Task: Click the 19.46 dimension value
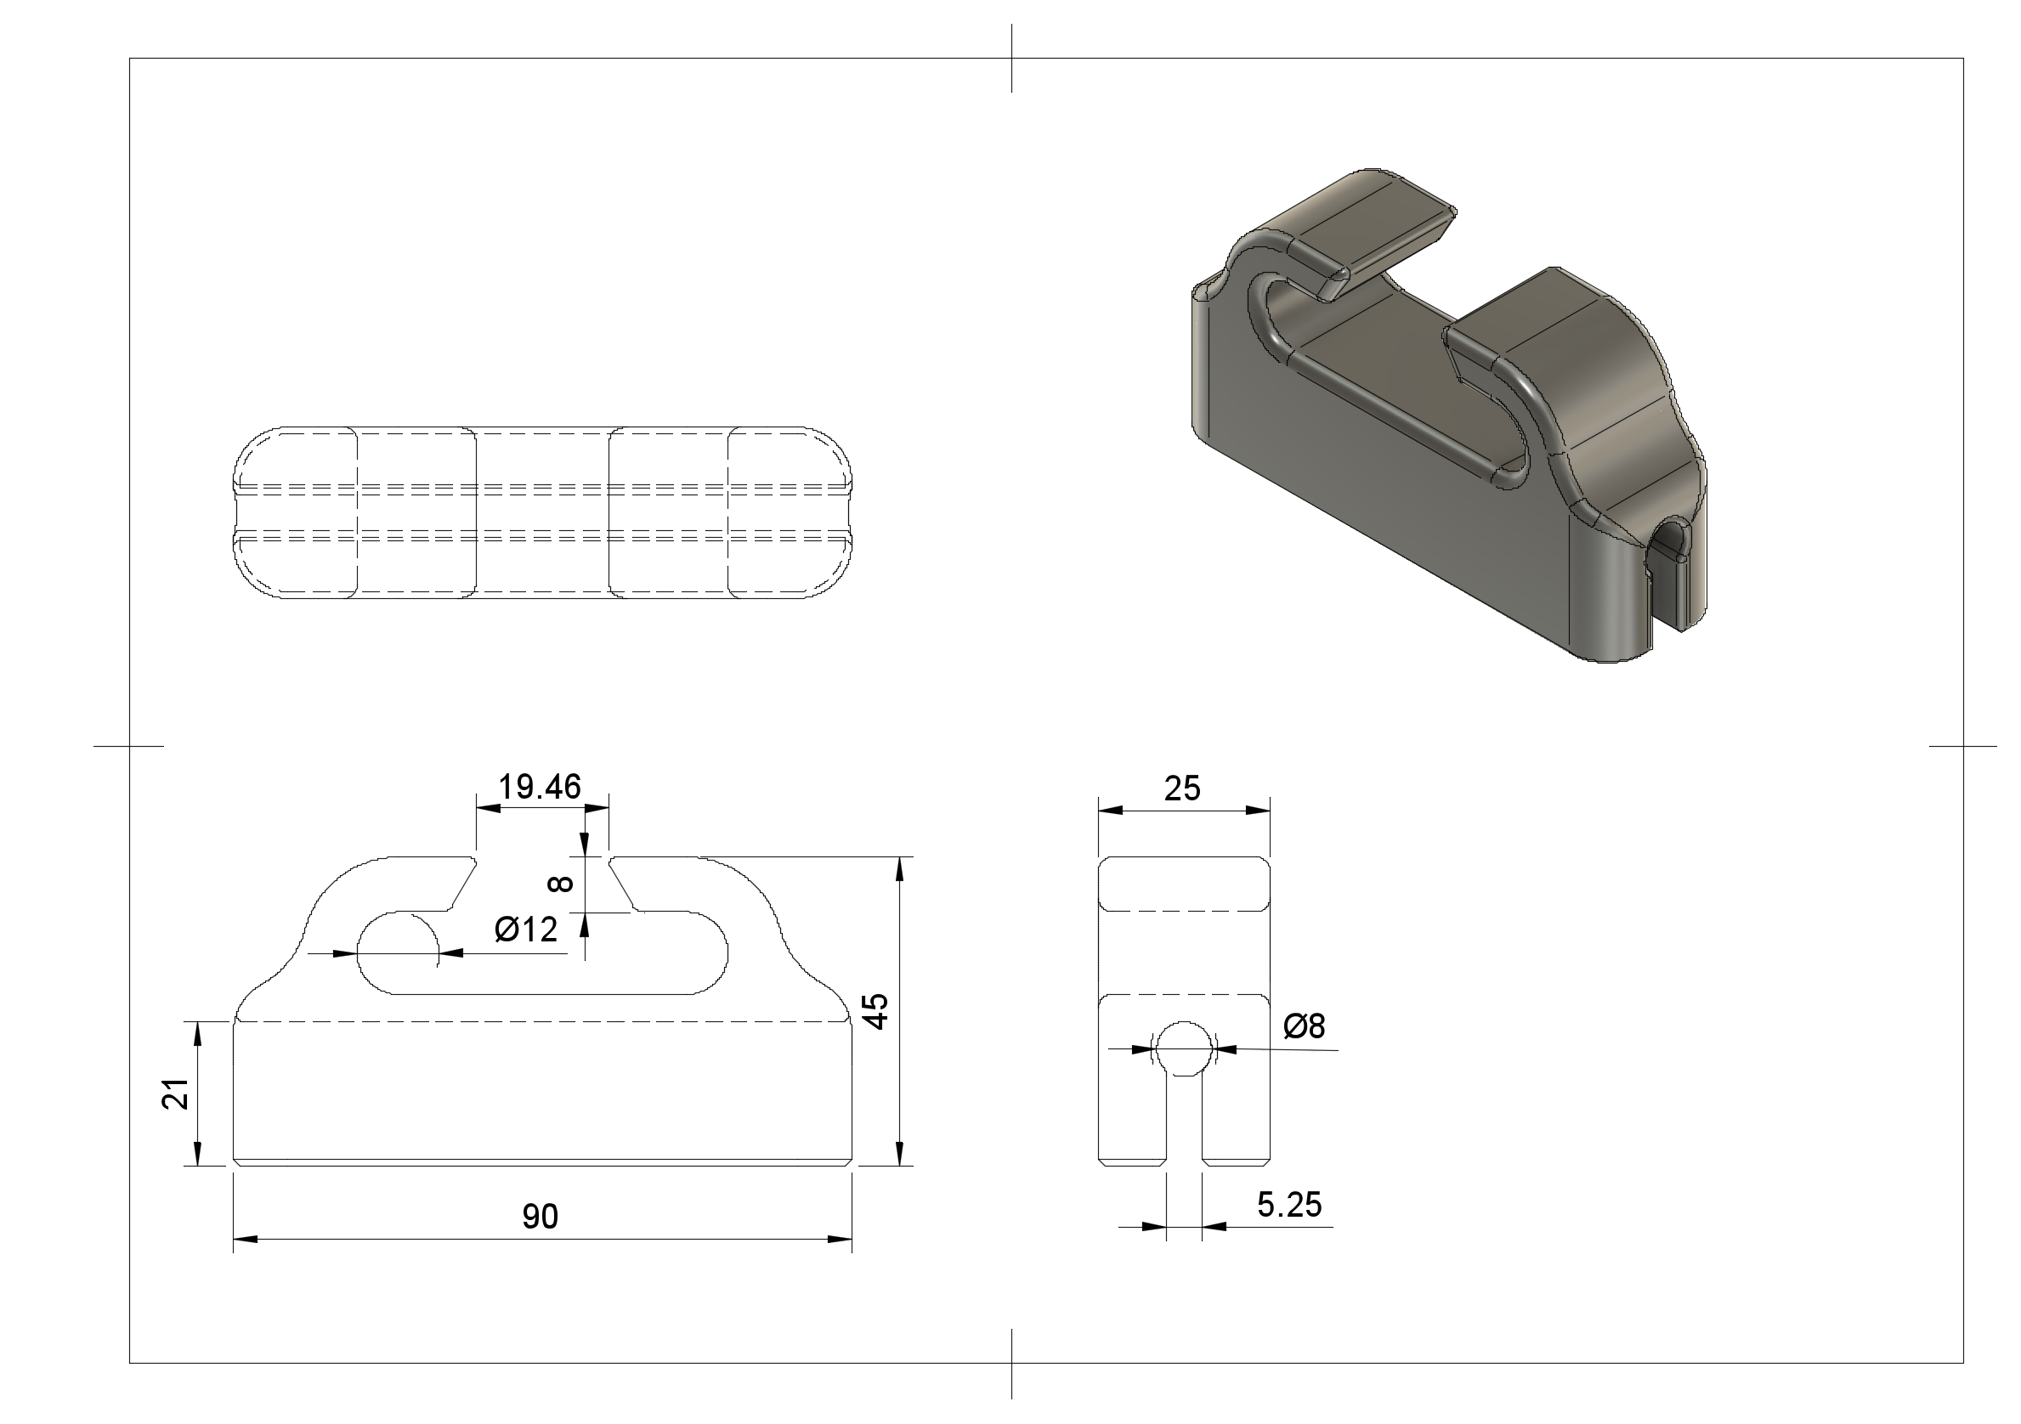[540, 787]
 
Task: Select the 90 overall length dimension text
[541, 1217]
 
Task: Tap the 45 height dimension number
[876, 1010]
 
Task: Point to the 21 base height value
[177, 1093]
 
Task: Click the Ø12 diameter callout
[526, 930]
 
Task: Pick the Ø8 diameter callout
[1305, 1026]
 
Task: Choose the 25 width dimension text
[1182, 788]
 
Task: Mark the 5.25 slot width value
[1289, 1205]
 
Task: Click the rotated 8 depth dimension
[561, 883]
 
